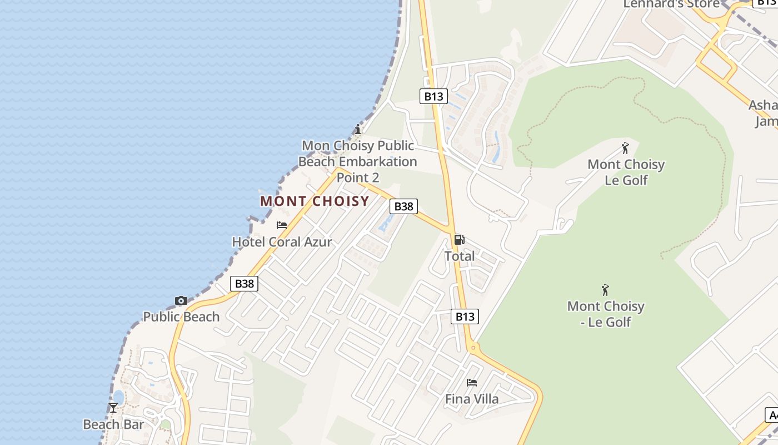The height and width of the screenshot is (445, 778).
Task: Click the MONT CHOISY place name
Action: (x=315, y=201)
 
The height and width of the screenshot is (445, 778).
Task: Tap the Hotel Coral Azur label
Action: (x=282, y=242)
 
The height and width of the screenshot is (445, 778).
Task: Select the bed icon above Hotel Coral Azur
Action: (x=282, y=225)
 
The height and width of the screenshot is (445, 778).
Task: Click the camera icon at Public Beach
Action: (x=181, y=301)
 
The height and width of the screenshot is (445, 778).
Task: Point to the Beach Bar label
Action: (x=113, y=424)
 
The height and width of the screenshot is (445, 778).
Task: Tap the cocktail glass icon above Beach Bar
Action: (x=113, y=408)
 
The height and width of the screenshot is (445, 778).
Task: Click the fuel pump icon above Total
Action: (x=459, y=240)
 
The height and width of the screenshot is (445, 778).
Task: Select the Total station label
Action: (x=460, y=256)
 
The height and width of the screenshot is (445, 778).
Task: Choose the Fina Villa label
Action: (x=472, y=399)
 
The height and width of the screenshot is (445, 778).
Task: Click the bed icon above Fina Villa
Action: (x=472, y=382)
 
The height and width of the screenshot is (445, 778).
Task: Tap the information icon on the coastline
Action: (x=358, y=130)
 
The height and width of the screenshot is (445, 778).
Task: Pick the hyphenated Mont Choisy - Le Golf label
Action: (x=606, y=314)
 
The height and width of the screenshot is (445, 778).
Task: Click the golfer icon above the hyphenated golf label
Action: (x=606, y=290)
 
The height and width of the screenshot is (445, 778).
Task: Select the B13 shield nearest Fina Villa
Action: (x=465, y=317)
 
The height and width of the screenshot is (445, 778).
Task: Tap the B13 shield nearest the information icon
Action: (x=433, y=96)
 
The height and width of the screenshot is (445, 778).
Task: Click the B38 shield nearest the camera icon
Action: (x=244, y=284)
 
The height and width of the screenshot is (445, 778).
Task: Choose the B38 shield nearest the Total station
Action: (x=403, y=206)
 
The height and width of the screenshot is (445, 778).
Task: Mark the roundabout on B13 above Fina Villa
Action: (x=473, y=348)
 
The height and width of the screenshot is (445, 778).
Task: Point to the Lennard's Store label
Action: (x=671, y=4)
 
